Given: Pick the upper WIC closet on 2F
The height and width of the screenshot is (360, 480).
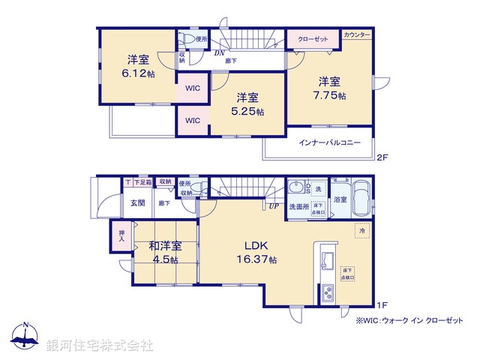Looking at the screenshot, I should click(x=193, y=88).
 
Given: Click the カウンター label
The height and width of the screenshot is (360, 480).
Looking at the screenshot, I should click(x=357, y=35).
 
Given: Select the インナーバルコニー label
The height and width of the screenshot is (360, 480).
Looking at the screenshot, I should click(x=329, y=142).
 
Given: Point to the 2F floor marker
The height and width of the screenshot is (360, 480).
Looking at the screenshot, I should click(x=382, y=157).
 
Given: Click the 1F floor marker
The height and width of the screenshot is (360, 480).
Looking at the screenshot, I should click(x=382, y=304).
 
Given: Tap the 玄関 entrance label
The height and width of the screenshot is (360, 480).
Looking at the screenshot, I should click(x=139, y=202).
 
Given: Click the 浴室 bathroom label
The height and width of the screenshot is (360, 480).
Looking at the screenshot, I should click(x=340, y=199).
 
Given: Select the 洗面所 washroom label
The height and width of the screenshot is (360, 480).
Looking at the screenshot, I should click(x=298, y=206).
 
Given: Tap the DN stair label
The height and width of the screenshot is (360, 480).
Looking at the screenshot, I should click(x=220, y=53).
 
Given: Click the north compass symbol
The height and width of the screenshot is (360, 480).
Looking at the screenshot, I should click(x=25, y=337).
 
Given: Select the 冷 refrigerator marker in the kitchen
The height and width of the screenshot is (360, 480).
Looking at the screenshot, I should click(x=362, y=232).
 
